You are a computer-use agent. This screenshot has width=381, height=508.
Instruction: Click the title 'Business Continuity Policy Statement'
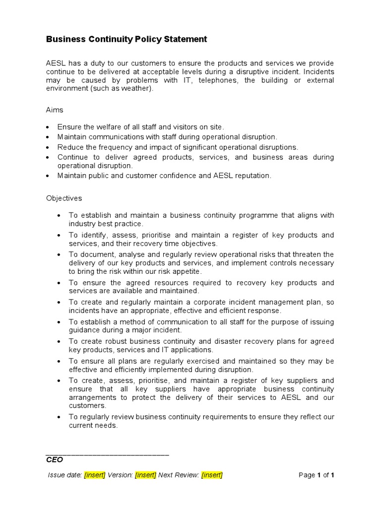click(x=127, y=39)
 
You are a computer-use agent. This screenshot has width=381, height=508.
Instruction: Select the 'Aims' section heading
click(x=55, y=110)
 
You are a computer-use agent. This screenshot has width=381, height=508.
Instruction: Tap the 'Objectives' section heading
click(x=64, y=198)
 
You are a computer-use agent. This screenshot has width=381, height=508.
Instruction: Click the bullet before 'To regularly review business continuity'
click(x=60, y=417)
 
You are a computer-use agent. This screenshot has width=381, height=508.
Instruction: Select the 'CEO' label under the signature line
click(x=55, y=460)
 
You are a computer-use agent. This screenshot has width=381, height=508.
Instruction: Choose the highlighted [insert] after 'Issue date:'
click(x=95, y=475)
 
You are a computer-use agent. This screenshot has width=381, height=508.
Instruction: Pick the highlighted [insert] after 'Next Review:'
click(x=212, y=475)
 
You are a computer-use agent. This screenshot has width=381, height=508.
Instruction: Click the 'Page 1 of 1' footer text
click(x=316, y=475)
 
